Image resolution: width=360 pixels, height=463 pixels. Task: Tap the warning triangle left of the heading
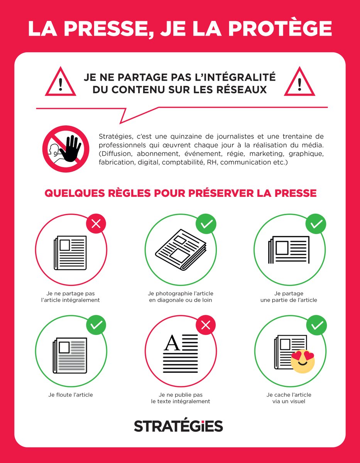tap(61, 83)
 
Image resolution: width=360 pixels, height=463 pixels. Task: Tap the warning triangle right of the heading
tap(299, 83)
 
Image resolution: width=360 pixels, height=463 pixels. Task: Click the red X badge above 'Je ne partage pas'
tap(96, 224)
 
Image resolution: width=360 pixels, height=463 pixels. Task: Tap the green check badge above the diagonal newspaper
tap(206, 224)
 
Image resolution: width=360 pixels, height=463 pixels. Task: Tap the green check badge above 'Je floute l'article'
tap(96, 325)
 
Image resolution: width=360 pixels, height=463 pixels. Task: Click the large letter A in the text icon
tap(172, 343)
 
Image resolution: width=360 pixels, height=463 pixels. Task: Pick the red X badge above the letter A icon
tap(206, 326)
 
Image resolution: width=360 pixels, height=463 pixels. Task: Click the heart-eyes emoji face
tap(303, 362)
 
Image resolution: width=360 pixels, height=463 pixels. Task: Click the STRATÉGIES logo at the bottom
tap(178, 426)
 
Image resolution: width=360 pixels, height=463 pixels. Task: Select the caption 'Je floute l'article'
tap(71, 395)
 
